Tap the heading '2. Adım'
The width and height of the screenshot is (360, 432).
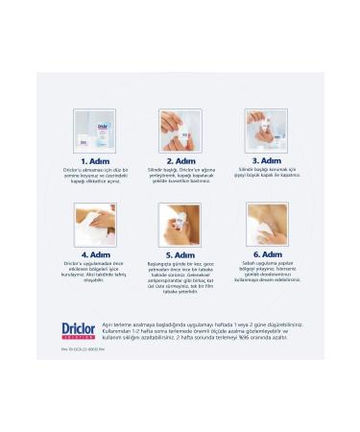(181, 161)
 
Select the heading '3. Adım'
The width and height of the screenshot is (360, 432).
(267, 161)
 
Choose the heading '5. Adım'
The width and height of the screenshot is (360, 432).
(181, 254)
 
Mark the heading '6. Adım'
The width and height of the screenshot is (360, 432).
(267, 254)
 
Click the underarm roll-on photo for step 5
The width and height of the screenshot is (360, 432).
(181, 224)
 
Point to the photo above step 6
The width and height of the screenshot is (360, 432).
(267, 224)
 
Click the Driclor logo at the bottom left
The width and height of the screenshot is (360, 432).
(78, 328)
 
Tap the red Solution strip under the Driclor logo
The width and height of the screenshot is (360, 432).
(78, 338)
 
